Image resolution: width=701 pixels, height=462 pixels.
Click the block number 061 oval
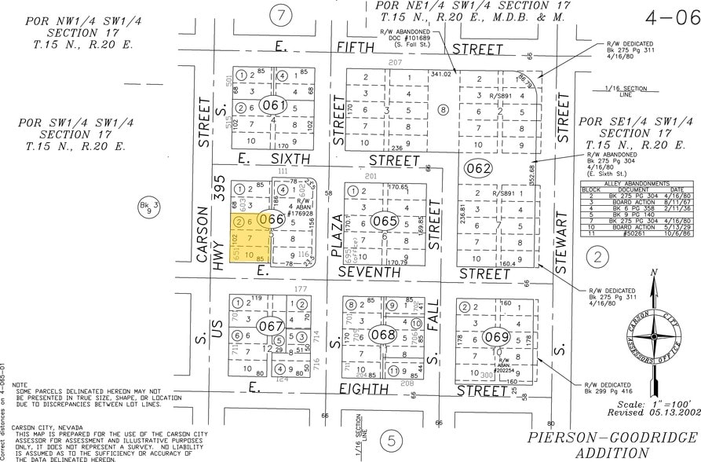pos(274,105)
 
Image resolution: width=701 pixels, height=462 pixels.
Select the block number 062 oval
pos(477,167)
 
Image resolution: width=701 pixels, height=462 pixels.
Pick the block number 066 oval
pos(271,220)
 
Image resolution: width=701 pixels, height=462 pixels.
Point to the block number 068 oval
pos(384,332)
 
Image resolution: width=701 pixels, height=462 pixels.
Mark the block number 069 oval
pos(496,337)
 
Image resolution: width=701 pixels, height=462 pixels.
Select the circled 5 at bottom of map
pos(390,441)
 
